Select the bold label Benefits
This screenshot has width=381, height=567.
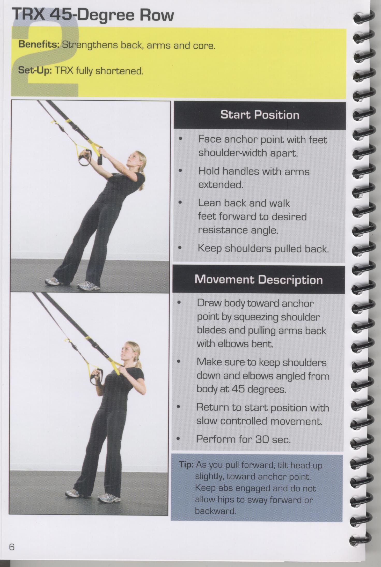[39, 45]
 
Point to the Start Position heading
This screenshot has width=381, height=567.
[260, 115]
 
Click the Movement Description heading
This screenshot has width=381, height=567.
[259, 280]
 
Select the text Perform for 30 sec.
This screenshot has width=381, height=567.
[244, 439]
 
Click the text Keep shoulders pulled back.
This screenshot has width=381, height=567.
[263, 249]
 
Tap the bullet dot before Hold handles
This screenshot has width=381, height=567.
[181, 171]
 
